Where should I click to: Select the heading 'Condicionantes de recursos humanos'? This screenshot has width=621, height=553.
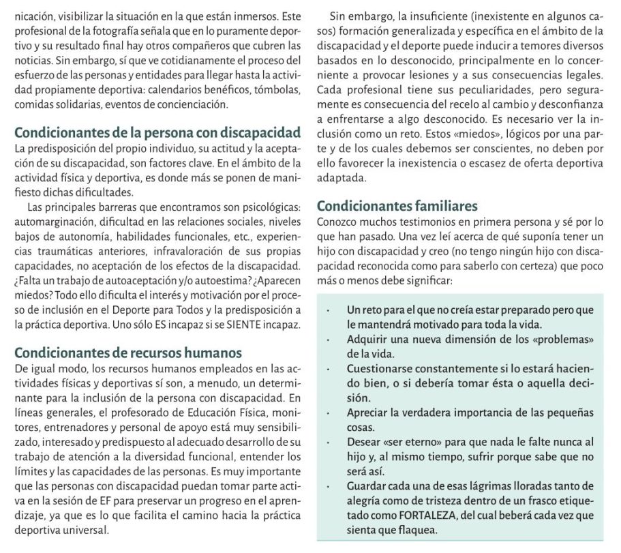[x=128, y=353]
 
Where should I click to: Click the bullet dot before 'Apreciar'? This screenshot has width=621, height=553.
[x=329, y=413]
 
